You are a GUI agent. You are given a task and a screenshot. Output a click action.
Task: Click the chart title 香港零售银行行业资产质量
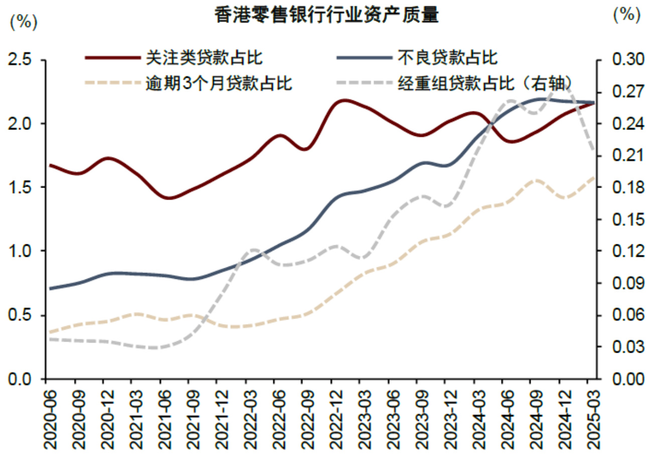pos(327,16)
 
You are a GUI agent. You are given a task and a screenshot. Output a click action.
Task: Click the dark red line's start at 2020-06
pos(49,165)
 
